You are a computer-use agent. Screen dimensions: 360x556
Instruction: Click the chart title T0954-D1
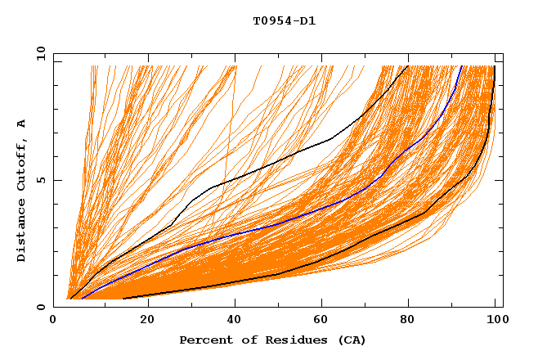click(x=285, y=20)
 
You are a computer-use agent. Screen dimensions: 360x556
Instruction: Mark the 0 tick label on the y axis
click(x=40, y=307)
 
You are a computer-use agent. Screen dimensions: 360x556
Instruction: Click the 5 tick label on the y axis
click(x=40, y=180)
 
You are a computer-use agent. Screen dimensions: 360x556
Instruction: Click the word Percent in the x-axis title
click(x=204, y=340)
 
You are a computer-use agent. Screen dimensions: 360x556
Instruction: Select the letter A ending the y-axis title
click(x=22, y=124)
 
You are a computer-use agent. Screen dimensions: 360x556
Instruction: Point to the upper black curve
click(x=286, y=157)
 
